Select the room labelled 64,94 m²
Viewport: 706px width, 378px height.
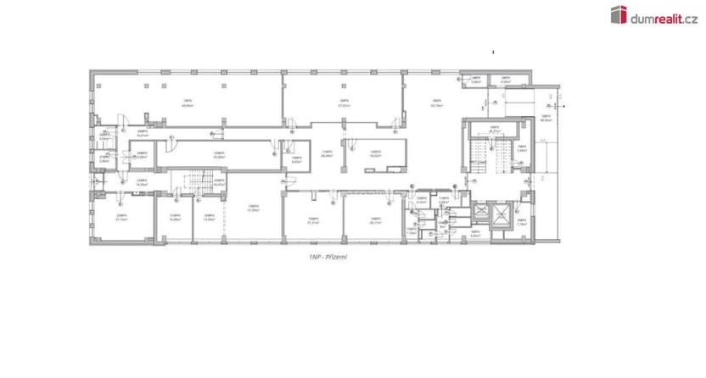coord(185,105)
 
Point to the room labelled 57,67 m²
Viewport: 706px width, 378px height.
coord(344,104)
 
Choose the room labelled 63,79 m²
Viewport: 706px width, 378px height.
coord(437,104)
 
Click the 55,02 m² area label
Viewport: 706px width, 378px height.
coord(219,156)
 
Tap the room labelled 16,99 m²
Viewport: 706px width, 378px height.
coord(175,217)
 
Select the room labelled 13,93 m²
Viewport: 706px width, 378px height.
coord(209,217)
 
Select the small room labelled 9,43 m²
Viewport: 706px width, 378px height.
coord(295,159)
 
